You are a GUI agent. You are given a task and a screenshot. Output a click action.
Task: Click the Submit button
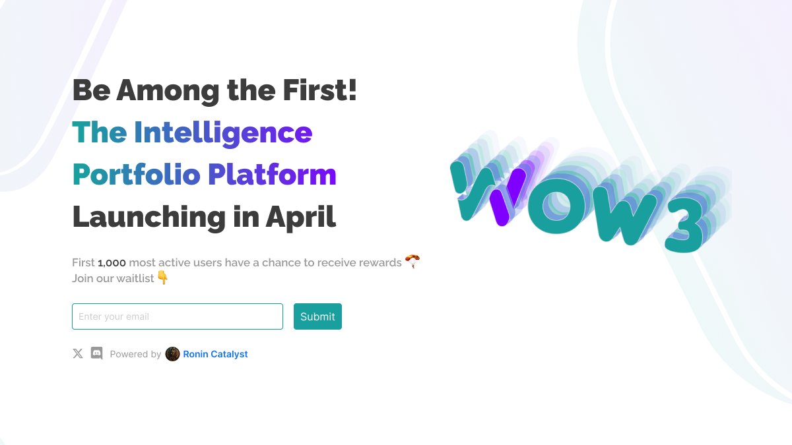pyautogui.click(x=317, y=316)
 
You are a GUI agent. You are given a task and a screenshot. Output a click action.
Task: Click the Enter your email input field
pyautogui.click(x=177, y=316)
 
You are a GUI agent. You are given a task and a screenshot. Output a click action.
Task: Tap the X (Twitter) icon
pyautogui.click(x=78, y=354)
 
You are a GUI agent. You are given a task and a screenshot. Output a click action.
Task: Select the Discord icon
pyautogui.click(x=96, y=354)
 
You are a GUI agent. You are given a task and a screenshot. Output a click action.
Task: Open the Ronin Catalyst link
pyautogui.click(x=215, y=354)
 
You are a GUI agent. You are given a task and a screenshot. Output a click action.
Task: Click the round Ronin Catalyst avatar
pyautogui.click(x=172, y=354)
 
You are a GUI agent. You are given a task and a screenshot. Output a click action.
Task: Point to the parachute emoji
pyautogui.click(x=412, y=262)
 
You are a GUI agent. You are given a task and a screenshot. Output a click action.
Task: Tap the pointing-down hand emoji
pyautogui.click(x=162, y=278)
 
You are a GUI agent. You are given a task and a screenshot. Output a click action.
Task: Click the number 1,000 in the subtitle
pyautogui.click(x=112, y=262)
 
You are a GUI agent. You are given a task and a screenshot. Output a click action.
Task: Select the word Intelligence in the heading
pyautogui.click(x=223, y=133)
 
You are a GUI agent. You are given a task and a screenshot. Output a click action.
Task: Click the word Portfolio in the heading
pyautogui.click(x=136, y=175)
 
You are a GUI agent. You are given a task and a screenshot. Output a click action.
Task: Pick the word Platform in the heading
pyautogui.click(x=272, y=175)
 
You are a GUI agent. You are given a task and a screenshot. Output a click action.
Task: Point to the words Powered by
pyautogui.click(x=135, y=354)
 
